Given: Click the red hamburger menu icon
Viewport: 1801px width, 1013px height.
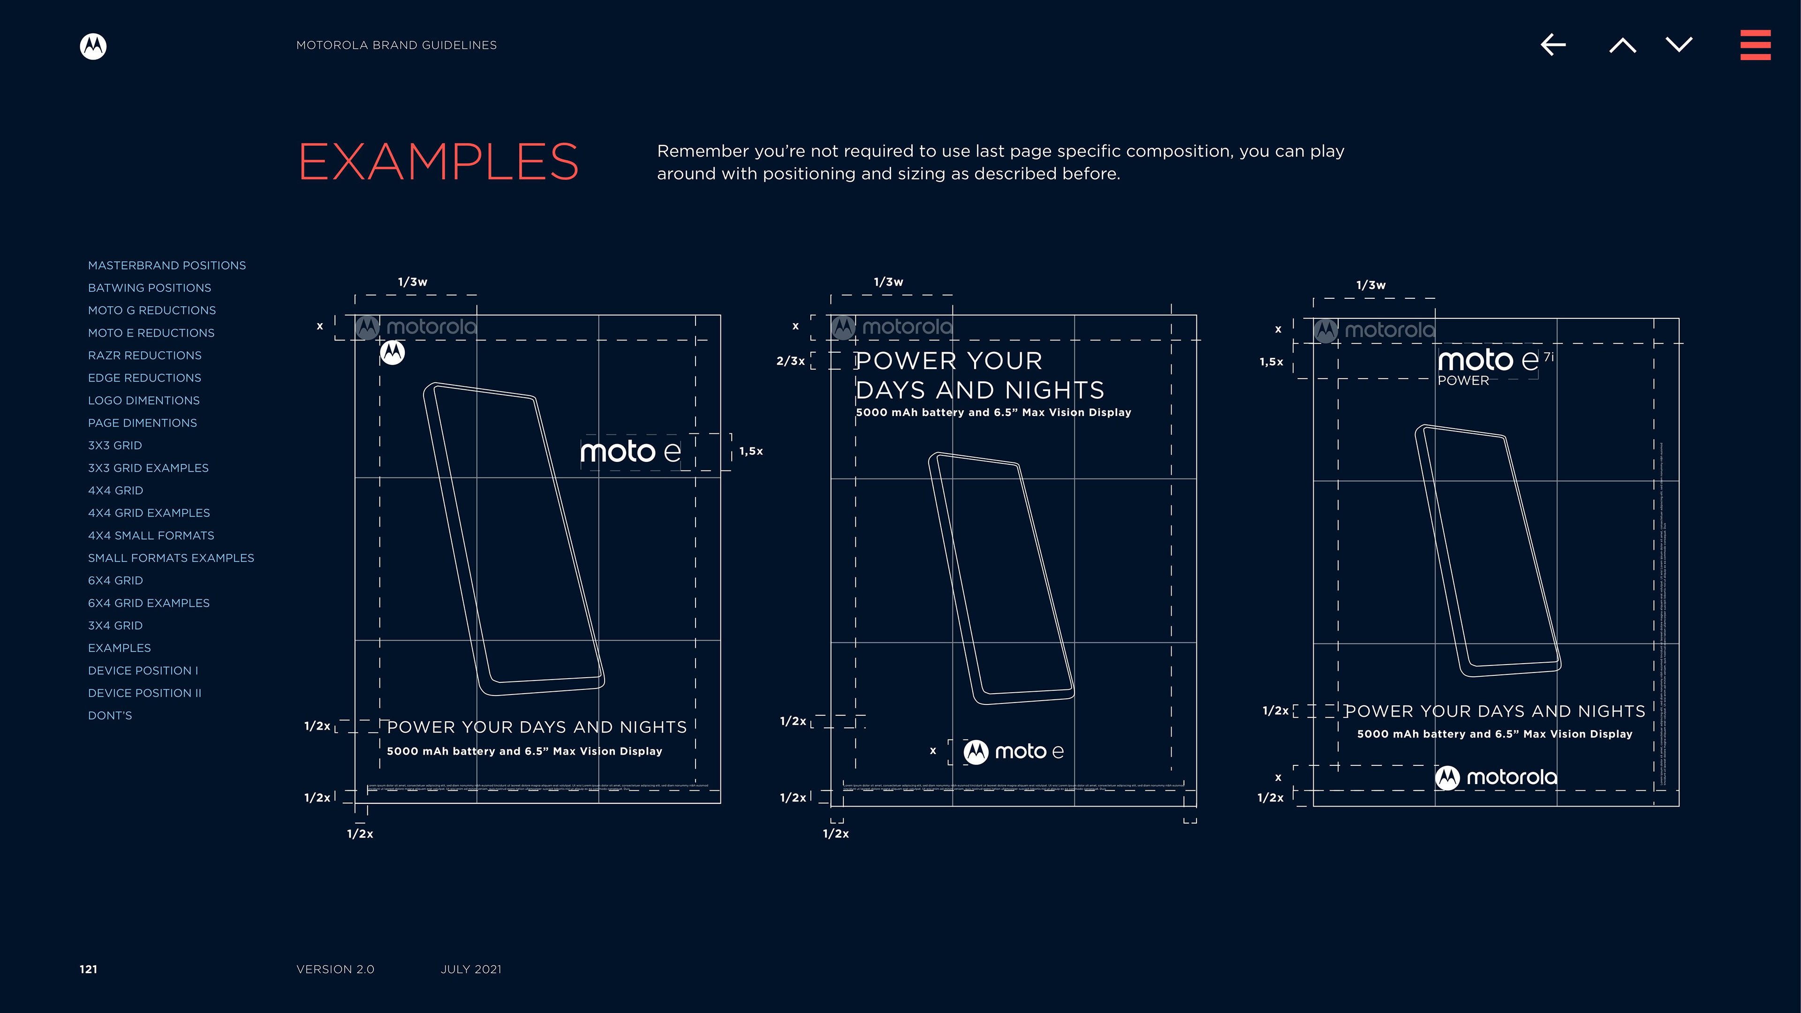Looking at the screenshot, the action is click(x=1755, y=45).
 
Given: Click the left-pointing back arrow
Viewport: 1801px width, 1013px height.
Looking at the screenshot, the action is click(x=1553, y=45).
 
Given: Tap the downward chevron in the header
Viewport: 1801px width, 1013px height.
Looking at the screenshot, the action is click(x=1679, y=45).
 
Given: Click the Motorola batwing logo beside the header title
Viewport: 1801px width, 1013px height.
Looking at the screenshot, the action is click(x=93, y=46).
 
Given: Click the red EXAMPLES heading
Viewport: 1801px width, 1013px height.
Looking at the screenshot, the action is click(x=439, y=161).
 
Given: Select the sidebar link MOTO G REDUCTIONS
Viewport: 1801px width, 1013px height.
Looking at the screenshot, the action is click(x=151, y=310).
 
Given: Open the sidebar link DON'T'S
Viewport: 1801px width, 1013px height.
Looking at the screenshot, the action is click(x=110, y=715).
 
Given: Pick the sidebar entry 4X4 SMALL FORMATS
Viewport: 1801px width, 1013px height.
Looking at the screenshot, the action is click(x=151, y=536).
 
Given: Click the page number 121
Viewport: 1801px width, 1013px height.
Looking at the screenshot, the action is click(x=88, y=969).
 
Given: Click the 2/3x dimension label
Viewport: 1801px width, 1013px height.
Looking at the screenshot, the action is click(x=790, y=361).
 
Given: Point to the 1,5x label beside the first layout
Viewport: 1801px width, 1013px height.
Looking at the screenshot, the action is click(x=751, y=452).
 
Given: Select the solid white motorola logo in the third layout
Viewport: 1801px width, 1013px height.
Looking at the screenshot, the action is click(x=1496, y=778).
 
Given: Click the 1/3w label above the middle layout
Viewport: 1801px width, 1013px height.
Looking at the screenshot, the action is click(x=888, y=282).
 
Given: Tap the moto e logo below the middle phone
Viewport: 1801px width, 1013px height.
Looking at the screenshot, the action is click(x=1013, y=751).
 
